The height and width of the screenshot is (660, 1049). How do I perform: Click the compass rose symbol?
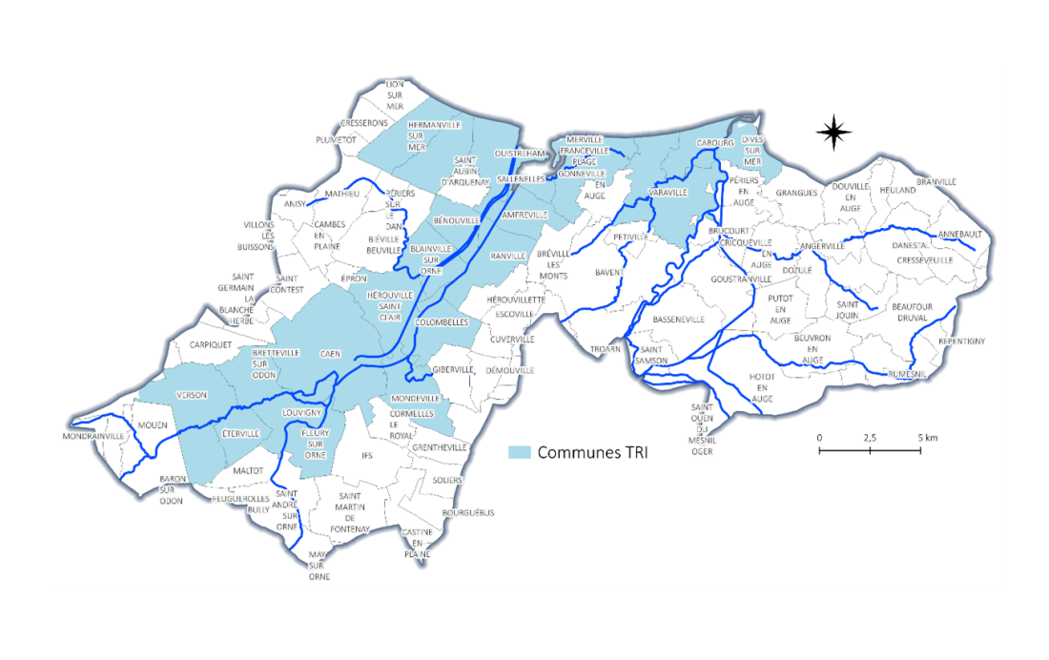pyautogui.click(x=834, y=133)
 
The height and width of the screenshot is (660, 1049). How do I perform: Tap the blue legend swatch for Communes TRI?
pyautogui.click(x=520, y=452)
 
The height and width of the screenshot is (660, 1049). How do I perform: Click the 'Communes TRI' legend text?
pyautogui.click(x=592, y=452)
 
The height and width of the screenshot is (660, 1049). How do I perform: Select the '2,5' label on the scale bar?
pyautogui.click(x=870, y=437)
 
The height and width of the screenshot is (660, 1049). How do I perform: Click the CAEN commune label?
pyautogui.click(x=330, y=353)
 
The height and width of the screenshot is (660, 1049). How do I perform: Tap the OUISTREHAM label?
pyautogui.click(x=519, y=154)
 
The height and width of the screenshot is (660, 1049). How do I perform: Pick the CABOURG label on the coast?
pyautogui.click(x=714, y=143)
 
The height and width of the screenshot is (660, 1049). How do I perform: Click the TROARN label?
pyautogui.click(x=605, y=349)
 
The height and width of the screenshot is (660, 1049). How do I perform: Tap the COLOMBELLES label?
pyautogui.click(x=442, y=322)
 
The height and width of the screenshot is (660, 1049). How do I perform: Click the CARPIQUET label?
pyautogui.click(x=211, y=344)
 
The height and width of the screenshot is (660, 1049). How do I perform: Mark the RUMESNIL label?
pyautogui.click(x=906, y=375)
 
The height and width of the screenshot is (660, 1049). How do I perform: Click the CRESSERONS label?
pyautogui.click(x=364, y=123)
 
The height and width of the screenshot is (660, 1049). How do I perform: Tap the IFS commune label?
pyautogui.click(x=367, y=456)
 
